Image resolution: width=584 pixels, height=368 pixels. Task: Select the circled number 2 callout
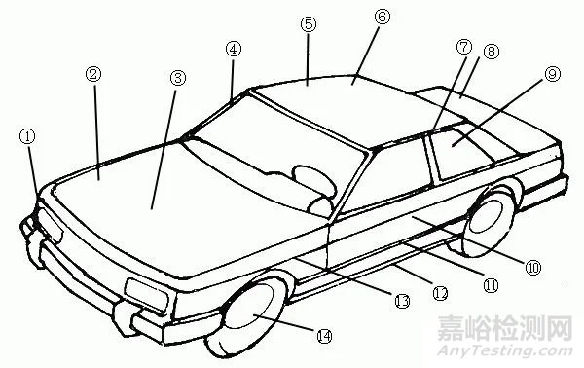pyautogui.click(x=93, y=74)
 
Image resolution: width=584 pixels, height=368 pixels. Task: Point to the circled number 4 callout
pyautogui.click(x=233, y=49)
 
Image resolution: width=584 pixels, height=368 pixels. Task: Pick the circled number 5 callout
pyautogui.click(x=308, y=26)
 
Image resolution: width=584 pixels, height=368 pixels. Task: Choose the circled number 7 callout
pyautogui.click(x=462, y=47)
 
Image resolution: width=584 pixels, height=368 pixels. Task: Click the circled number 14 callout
pyautogui.click(x=324, y=335)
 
